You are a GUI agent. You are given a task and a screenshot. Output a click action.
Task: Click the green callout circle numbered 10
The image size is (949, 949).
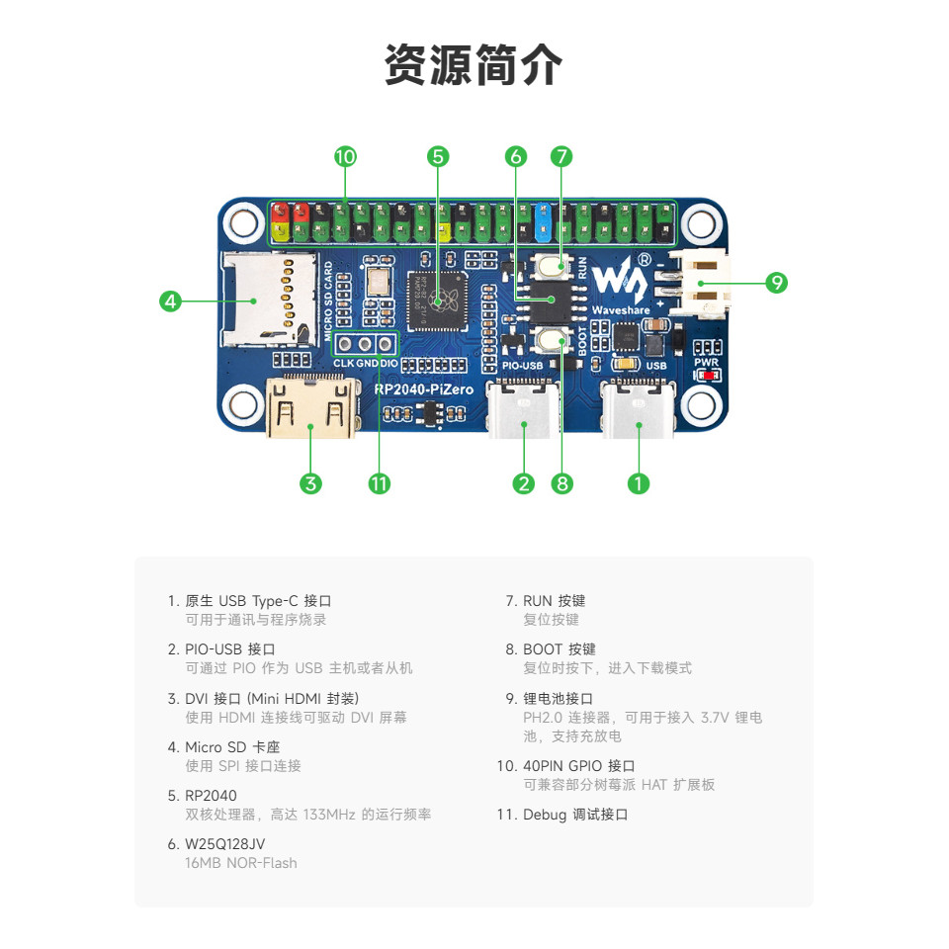(x=345, y=157)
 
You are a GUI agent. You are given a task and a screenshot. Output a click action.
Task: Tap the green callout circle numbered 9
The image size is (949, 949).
(x=776, y=283)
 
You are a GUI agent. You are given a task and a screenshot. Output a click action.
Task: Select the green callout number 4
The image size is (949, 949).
(x=170, y=301)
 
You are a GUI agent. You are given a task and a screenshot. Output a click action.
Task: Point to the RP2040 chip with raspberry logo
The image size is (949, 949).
(x=438, y=301)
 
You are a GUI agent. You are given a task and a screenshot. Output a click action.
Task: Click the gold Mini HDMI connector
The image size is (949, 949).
(x=311, y=407)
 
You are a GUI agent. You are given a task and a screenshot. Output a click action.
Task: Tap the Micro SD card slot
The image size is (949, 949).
(x=269, y=299)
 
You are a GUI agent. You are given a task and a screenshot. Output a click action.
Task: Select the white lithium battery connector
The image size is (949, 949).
(x=703, y=284)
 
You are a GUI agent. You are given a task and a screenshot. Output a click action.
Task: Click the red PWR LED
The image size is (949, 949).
(x=708, y=376)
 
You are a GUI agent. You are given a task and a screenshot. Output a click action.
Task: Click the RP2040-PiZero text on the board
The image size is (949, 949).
(x=424, y=389)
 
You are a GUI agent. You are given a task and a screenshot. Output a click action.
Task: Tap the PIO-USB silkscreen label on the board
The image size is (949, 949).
(x=522, y=366)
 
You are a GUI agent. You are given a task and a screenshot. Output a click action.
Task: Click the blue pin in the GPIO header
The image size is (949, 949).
(x=543, y=219)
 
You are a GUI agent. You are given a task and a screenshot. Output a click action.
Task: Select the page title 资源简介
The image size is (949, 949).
(x=474, y=65)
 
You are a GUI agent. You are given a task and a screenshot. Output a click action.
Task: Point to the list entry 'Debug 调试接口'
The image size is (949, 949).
(x=575, y=815)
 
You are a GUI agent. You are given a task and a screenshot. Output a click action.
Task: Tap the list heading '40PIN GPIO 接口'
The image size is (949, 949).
(x=579, y=766)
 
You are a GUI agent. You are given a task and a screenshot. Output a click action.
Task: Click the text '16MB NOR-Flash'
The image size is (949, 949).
(x=241, y=863)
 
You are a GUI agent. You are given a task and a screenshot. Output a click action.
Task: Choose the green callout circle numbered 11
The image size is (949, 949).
(x=380, y=483)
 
